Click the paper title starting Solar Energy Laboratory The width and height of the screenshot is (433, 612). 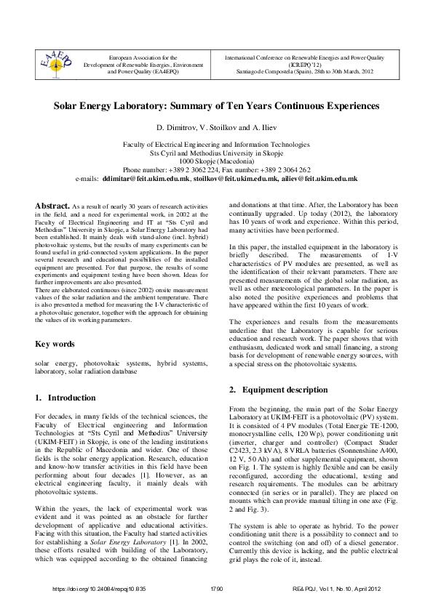(216, 105)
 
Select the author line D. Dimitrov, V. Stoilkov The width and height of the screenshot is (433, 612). (216, 128)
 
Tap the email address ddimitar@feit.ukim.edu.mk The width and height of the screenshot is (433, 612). (146, 178)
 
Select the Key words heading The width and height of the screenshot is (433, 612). (56, 344)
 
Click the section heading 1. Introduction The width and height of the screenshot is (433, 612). (65, 398)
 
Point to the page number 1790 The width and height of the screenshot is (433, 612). (216, 588)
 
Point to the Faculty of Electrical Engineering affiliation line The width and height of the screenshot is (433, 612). (216, 145)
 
